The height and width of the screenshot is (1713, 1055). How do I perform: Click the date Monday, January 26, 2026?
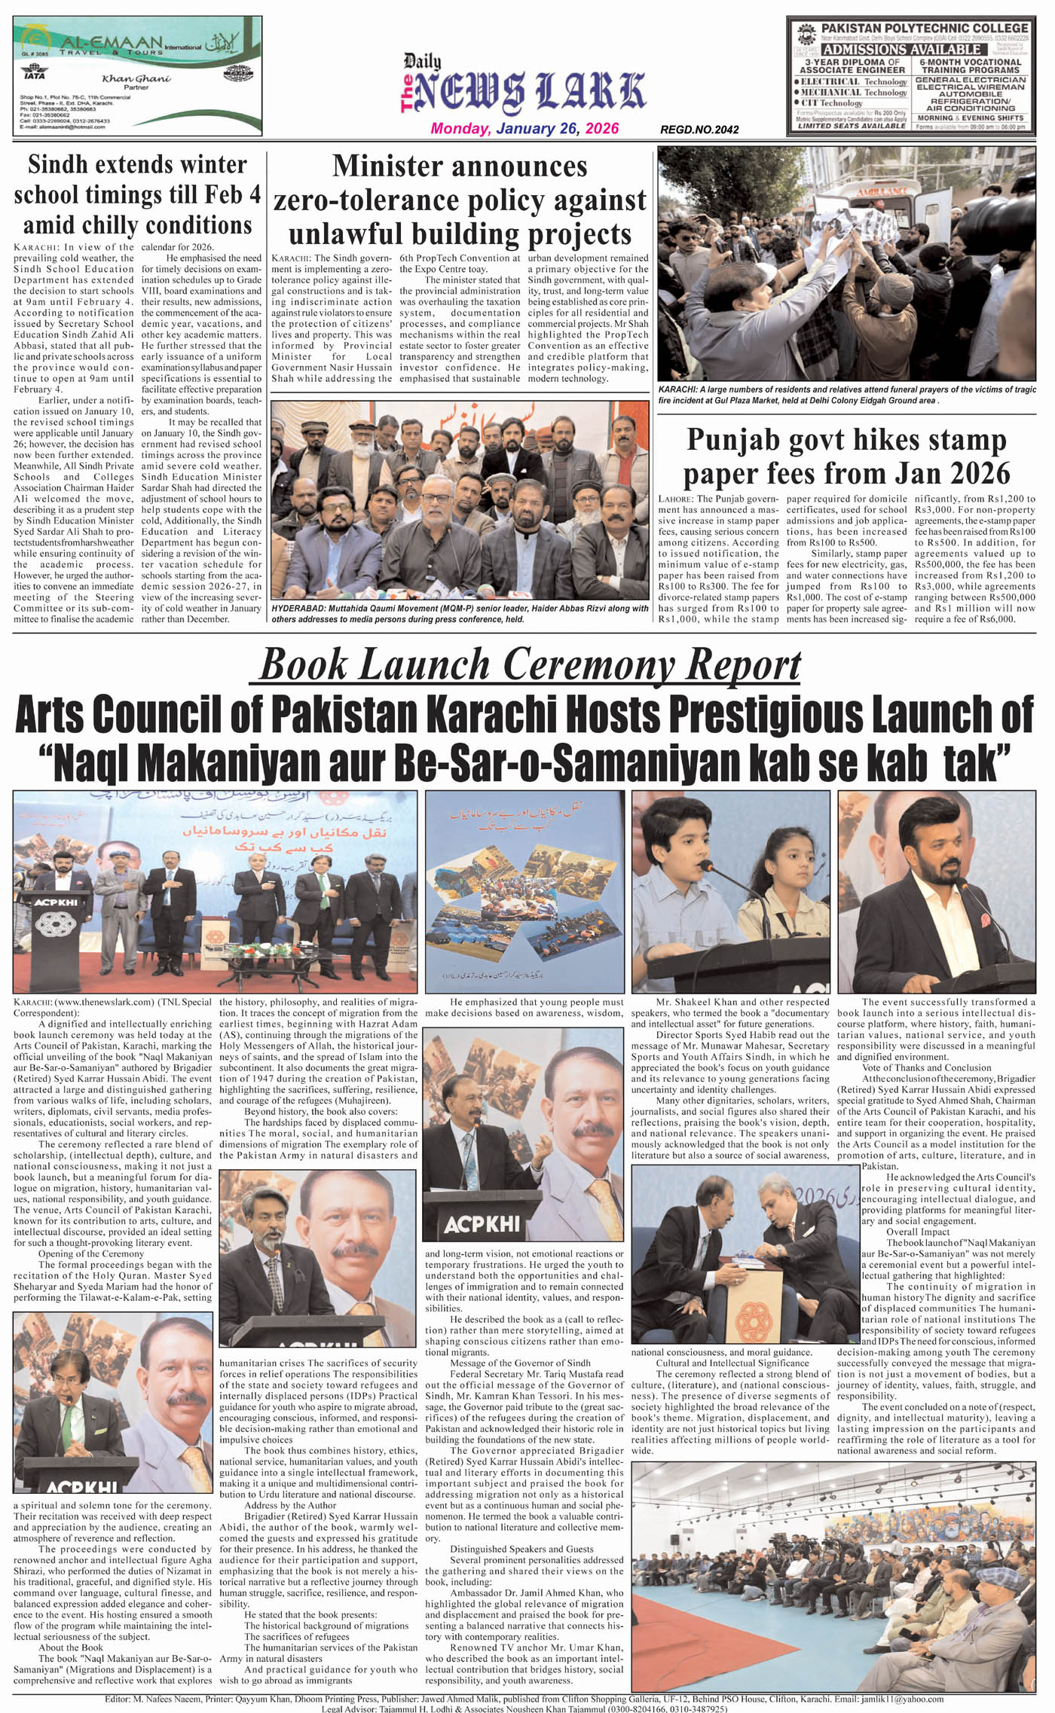(524, 128)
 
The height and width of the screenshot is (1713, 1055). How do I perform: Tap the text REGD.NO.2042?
(699, 130)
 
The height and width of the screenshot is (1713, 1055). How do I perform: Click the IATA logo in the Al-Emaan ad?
(34, 75)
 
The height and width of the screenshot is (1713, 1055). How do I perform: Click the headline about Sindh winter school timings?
(137, 194)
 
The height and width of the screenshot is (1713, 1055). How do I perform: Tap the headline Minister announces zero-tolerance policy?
(460, 200)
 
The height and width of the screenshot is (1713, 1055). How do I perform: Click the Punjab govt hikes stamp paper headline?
(846, 456)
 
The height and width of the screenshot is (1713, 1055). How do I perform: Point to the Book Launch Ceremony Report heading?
(529, 664)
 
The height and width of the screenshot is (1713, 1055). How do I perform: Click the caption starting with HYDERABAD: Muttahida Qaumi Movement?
(460, 613)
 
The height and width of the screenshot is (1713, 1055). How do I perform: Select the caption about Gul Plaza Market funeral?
(846, 395)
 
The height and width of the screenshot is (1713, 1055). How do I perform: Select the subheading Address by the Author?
(290, 1505)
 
